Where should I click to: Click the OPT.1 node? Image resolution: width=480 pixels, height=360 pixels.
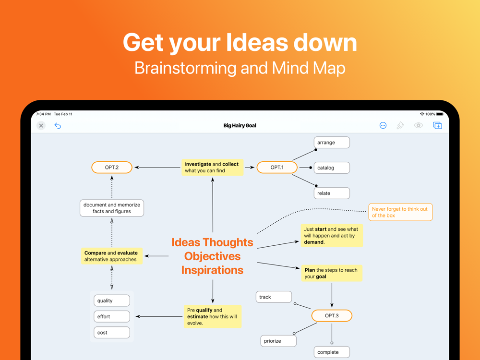(x=277, y=168)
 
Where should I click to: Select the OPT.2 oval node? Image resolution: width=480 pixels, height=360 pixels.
(x=112, y=168)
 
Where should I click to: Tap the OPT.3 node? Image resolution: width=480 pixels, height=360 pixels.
(x=332, y=316)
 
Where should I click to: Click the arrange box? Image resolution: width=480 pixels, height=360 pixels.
(x=332, y=143)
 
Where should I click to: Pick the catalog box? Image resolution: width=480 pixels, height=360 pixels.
(x=332, y=168)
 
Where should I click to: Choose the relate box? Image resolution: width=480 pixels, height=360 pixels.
(x=332, y=193)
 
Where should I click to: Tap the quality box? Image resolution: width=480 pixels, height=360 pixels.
(x=112, y=300)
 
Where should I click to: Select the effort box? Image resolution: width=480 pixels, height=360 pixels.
(x=112, y=316)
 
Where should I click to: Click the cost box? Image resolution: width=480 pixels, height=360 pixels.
(x=112, y=333)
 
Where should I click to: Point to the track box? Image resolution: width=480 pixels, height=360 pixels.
(x=274, y=297)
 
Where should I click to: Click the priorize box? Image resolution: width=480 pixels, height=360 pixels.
(x=278, y=341)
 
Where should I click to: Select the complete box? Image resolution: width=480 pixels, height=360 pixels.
(x=332, y=352)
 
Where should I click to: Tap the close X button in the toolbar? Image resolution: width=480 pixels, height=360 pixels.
(x=41, y=125)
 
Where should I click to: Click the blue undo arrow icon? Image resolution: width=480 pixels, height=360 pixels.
(x=58, y=125)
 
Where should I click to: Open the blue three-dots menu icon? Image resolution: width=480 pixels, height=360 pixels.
(x=383, y=125)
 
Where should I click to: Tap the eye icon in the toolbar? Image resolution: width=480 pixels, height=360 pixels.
(x=419, y=125)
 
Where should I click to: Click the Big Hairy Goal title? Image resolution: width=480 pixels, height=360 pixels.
(x=240, y=125)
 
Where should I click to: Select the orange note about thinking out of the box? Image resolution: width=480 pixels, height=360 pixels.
(x=400, y=212)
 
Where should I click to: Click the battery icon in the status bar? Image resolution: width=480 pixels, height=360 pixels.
(x=440, y=114)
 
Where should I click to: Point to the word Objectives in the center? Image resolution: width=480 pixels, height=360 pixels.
(x=213, y=256)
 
